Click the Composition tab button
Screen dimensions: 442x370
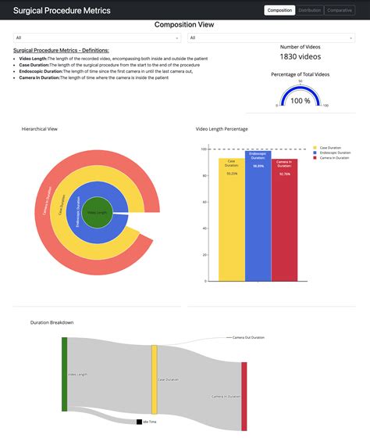pos(280,10)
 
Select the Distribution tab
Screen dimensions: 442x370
pos(310,10)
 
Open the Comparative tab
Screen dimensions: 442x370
pos(340,10)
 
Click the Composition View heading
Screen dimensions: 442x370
pos(184,24)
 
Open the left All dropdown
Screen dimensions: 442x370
pos(98,38)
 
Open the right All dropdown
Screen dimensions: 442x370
pos(271,38)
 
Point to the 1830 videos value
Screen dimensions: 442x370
pos(301,57)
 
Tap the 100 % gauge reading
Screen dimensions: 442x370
pos(301,101)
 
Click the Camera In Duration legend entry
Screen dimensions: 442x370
pos(335,158)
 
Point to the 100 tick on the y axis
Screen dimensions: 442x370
pos(203,149)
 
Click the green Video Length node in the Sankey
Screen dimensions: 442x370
pos(65,374)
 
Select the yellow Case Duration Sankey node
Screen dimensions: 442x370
pos(155,379)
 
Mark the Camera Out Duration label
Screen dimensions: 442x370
pos(248,338)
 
